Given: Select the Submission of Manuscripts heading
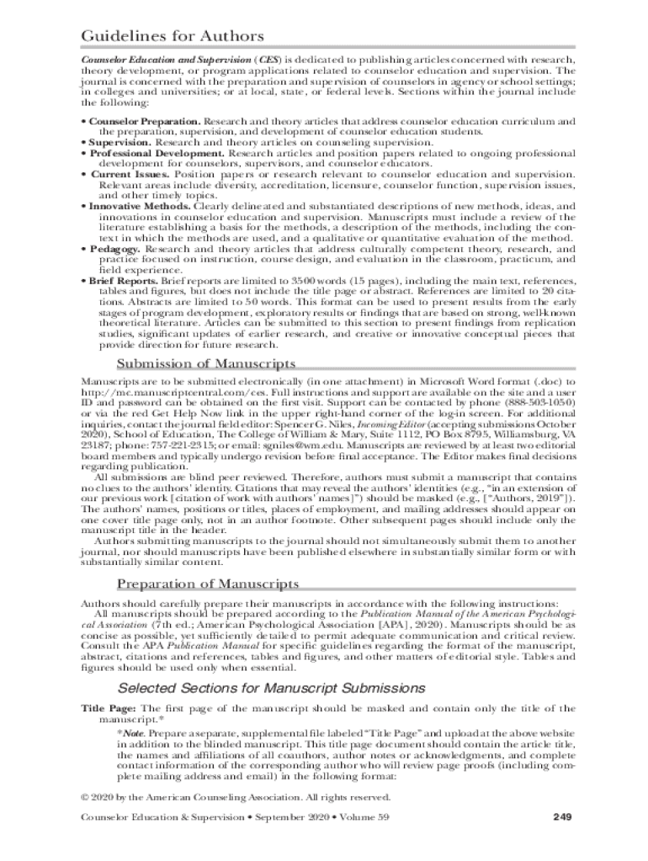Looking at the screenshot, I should pyautogui.click(x=205, y=363).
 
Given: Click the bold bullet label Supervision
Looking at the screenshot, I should pyautogui.click(x=119, y=143).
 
